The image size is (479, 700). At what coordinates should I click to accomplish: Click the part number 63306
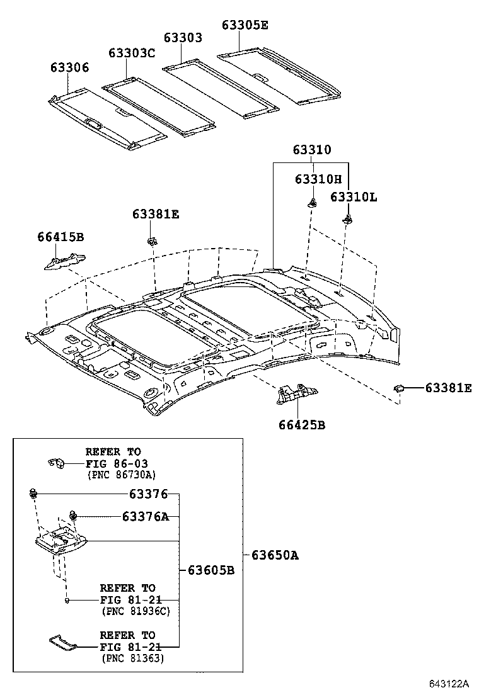[x=70, y=68]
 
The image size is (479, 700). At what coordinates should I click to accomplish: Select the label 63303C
[x=131, y=53]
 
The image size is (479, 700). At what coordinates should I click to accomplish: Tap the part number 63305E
[x=245, y=25]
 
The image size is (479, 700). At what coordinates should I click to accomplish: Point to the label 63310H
[x=318, y=179]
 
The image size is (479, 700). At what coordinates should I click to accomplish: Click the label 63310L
[x=354, y=197]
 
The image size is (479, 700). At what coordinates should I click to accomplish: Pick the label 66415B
[x=61, y=237]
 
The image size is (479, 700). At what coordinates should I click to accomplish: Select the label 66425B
[x=302, y=425]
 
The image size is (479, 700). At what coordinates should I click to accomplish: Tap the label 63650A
[x=275, y=555]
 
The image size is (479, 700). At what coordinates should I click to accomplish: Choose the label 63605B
[x=211, y=570]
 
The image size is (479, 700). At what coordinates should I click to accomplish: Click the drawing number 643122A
[x=450, y=684]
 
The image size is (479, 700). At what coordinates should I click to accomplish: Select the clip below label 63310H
[x=311, y=202]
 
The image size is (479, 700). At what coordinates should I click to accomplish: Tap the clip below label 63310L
[x=347, y=219]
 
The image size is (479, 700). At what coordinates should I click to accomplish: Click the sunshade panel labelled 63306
[x=107, y=118]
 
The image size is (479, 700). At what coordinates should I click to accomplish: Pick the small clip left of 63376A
[x=73, y=516]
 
